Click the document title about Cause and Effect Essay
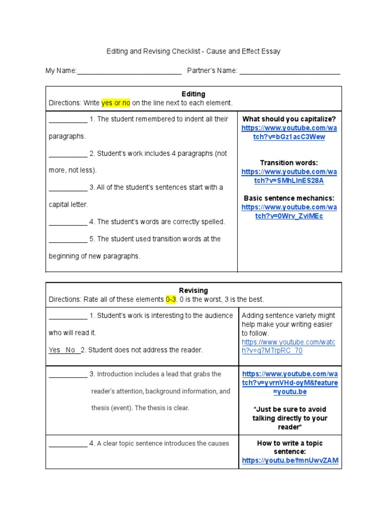pyautogui.click(x=193, y=51)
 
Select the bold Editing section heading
pyautogui.click(x=193, y=94)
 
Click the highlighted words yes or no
pyautogui.click(x=116, y=103)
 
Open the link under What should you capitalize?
pyautogui.click(x=289, y=133)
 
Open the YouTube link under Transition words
pyautogui.click(x=289, y=176)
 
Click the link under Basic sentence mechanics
pyautogui.click(x=289, y=212)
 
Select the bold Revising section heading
pyautogui.click(x=193, y=291)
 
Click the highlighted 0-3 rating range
pyautogui.click(x=172, y=299)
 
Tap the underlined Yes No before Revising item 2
pyautogui.click(x=63, y=350)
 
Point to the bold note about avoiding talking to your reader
pyautogui.click(x=289, y=418)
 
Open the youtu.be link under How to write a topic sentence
pyautogui.click(x=290, y=461)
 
